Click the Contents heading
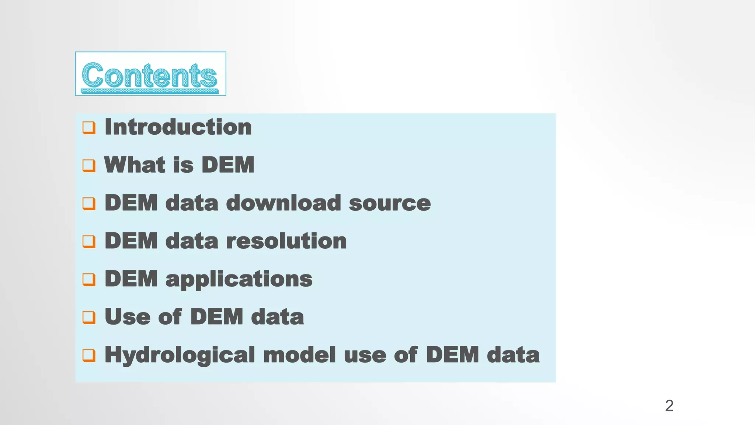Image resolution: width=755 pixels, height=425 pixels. tap(150, 75)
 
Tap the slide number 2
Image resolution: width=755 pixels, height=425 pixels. tap(669, 406)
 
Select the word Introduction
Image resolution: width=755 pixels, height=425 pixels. tap(178, 127)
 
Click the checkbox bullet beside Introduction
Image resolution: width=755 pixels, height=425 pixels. tap(89, 128)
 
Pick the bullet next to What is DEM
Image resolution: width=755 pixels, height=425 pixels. tap(89, 166)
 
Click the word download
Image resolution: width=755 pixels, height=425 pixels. tap(283, 203)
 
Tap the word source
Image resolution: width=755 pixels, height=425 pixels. tap(390, 204)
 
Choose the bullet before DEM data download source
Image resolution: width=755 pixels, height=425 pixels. tap(89, 204)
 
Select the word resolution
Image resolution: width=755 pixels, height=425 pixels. tap(286, 241)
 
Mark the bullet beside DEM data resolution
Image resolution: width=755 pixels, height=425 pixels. tap(89, 242)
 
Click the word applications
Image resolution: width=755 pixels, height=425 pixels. tap(239, 279)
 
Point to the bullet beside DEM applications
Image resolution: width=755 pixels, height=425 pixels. tap(89, 280)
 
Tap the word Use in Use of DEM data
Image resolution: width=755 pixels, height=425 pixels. tap(128, 317)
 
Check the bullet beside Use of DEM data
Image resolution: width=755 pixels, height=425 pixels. tap(89, 318)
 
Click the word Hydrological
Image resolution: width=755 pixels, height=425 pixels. tap(180, 355)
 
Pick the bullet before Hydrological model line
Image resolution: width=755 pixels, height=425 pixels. tap(89, 356)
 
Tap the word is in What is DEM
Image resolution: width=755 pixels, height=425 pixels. tap(183, 165)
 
